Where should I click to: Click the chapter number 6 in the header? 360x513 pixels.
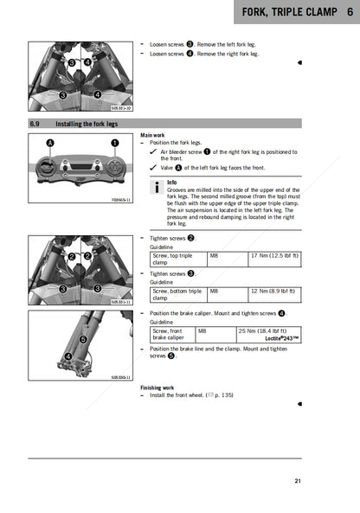tap(349, 13)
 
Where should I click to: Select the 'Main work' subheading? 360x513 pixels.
tap(151, 136)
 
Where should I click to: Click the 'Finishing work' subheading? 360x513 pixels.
tap(157, 388)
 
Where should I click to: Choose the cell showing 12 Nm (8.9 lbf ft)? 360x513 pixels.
tap(273, 292)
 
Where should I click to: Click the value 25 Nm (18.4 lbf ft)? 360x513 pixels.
tap(268, 330)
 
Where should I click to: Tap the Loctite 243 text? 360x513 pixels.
tap(281, 338)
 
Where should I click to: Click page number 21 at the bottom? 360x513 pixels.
tap(297, 481)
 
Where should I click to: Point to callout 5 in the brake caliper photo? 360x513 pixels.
tap(83, 340)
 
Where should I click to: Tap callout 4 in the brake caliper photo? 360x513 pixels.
tap(67, 356)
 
